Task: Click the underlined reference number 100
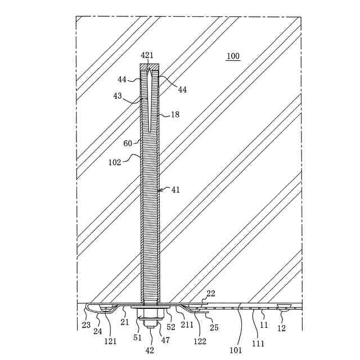(232, 56)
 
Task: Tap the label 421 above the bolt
(147, 55)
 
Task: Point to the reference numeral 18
(175, 115)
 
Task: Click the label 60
(128, 143)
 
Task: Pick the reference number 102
(115, 161)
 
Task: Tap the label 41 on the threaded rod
(175, 190)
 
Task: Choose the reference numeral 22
(211, 294)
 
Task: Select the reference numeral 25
(214, 327)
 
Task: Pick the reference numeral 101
(236, 350)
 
